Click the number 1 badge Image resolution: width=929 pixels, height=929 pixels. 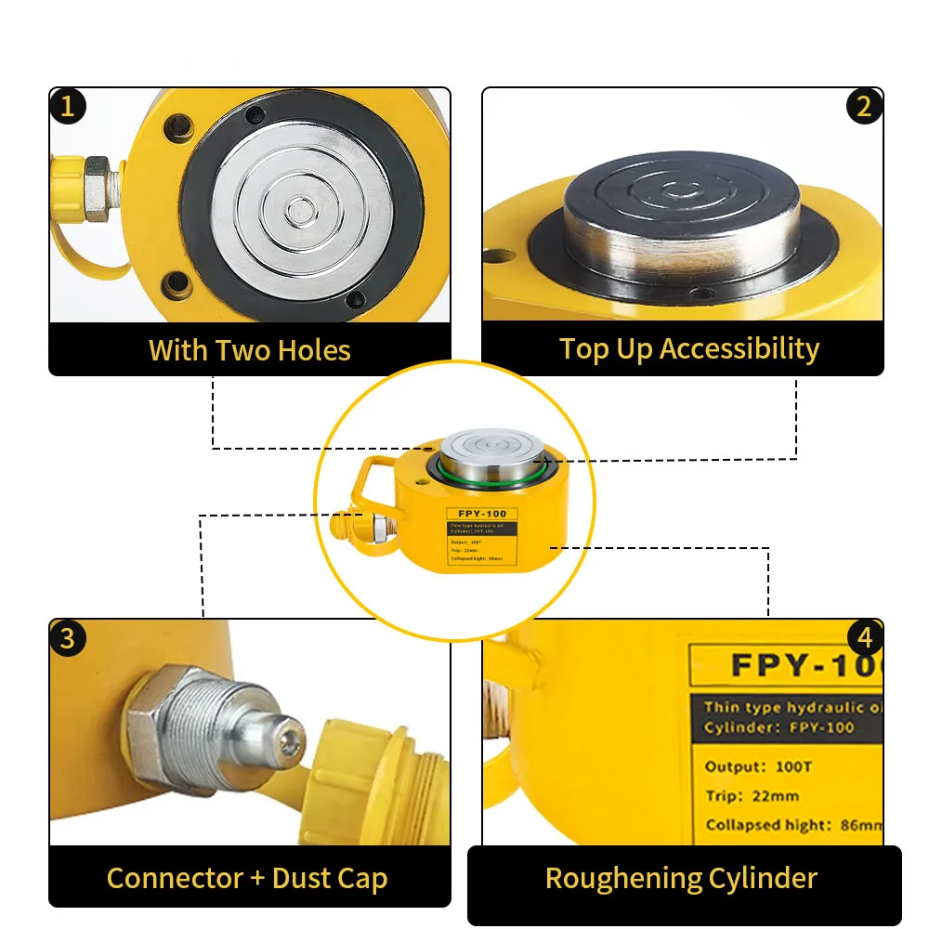pyautogui.click(x=67, y=106)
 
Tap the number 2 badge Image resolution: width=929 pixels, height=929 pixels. pyautogui.click(x=864, y=106)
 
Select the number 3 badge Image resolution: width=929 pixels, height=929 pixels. pyautogui.click(x=67, y=638)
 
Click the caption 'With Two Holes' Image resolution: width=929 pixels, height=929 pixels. pyautogui.click(x=250, y=350)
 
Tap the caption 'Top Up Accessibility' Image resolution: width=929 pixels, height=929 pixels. pyautogui.click(x=688, y=348)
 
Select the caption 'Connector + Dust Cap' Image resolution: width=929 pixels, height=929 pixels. pyautogui.click(x=247, y=878)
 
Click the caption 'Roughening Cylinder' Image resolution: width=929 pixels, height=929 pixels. pyautogui.click(x=681, y=878)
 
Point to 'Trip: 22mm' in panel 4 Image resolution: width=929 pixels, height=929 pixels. pyautogui.click(x=752, y=796)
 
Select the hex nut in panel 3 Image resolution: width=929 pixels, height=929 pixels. pyautogui.click(x=153, y=721)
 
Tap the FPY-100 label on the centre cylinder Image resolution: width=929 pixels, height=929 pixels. pyautogui.click(x=481, y=514)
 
